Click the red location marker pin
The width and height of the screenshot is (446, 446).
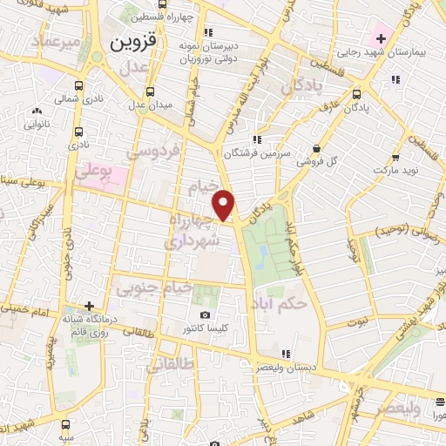click(x=225, y=206)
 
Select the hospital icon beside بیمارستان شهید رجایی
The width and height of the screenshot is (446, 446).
click(x=380, y=38)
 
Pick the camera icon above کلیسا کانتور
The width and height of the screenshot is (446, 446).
click(x=205, y=314)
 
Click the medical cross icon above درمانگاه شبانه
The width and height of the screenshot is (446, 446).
click(x=89, y=307)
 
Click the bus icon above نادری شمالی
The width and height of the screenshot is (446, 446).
click(x=79, y=86)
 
